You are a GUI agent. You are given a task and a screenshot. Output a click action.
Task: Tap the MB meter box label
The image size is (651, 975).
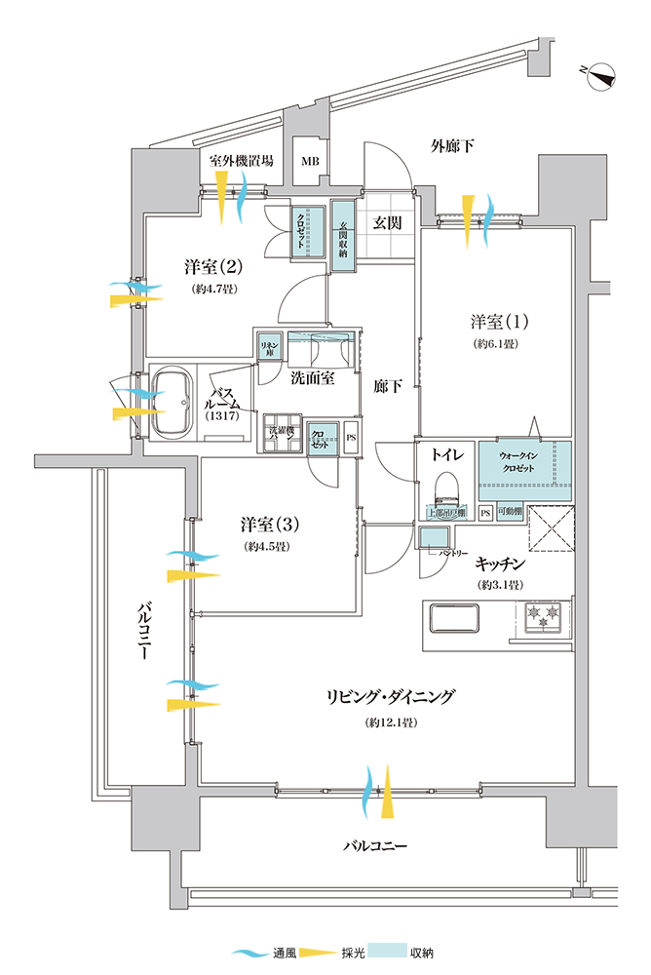(310, 162)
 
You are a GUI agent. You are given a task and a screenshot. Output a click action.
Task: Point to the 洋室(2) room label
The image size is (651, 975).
(211, 266)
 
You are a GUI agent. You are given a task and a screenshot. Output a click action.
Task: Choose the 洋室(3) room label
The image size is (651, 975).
(270, 525)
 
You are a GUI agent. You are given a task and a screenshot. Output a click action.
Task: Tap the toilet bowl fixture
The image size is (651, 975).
(444, 488)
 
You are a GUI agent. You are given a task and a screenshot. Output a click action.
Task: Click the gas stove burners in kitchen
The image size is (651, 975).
(539, 615)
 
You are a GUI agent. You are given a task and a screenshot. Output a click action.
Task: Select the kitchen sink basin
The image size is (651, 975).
(452, 618)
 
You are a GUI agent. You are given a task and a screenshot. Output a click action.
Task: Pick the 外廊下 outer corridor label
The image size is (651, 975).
(453, 146)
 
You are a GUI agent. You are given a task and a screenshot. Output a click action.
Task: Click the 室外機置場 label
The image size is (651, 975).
(241, 161)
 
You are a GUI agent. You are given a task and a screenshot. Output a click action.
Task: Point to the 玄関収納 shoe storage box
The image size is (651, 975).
(342, 230)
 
